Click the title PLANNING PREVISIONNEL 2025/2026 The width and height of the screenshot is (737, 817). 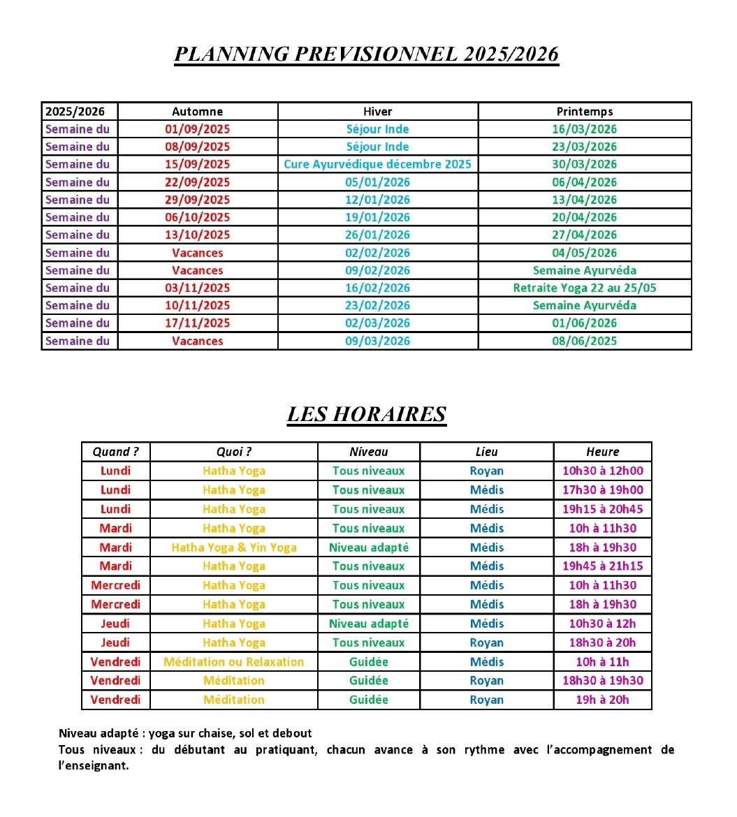(366, 54)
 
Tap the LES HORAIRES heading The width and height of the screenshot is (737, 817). (366, 414)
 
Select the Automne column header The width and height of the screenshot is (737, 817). (197, 112)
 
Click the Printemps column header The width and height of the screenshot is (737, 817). (584, 112)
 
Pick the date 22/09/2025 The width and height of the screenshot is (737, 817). (197, 182)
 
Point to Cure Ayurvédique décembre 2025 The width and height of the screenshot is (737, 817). (377, 165)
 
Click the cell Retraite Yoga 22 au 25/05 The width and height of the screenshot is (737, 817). (584, 288)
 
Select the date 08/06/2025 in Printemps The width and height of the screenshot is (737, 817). (584, 341)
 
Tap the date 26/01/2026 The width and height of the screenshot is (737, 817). (377, 235)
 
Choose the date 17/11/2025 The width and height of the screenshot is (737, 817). (197, 323)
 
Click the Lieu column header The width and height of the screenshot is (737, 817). (486, 452)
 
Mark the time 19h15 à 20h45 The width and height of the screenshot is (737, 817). (602, 509)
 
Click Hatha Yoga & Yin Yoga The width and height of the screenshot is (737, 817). (233, 547)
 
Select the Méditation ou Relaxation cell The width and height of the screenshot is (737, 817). (233, 662)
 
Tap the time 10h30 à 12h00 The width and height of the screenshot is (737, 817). (602, 471)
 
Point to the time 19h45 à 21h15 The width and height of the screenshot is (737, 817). (602, 566)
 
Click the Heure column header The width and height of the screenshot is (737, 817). (602, 452)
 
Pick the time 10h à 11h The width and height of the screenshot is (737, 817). (602, 662)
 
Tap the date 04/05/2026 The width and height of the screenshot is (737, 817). (584, 253)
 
